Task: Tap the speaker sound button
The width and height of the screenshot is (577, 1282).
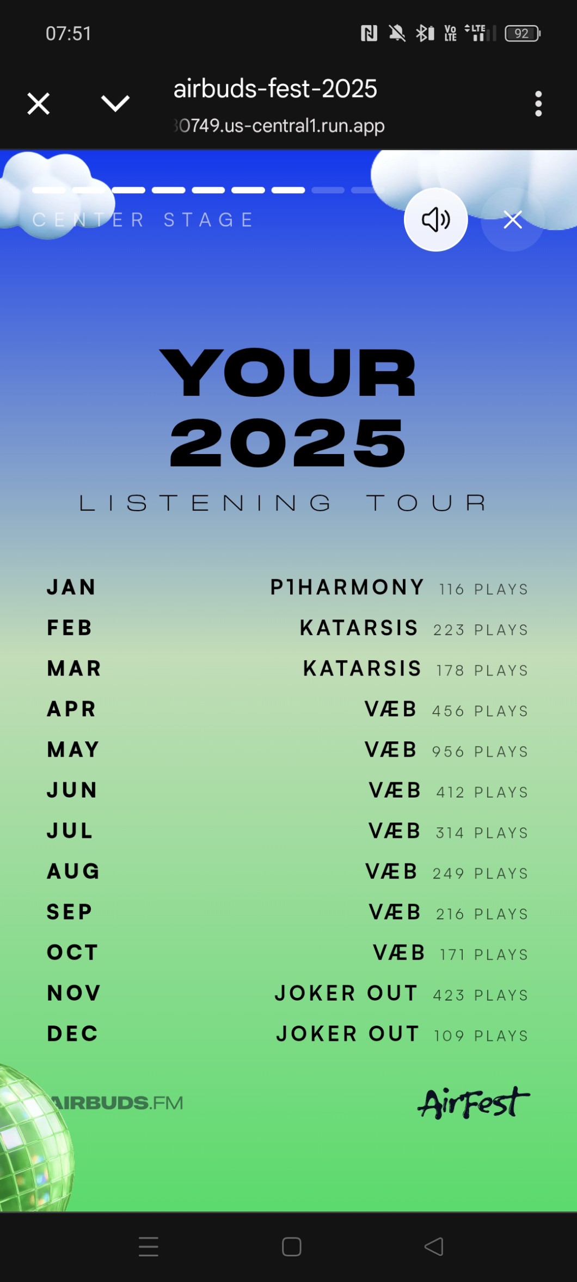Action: [435, 219]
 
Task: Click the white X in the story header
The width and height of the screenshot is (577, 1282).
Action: [513, 220]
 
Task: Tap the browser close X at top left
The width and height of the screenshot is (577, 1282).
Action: [39, 103]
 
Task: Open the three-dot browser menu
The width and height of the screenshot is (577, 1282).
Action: [538, 103]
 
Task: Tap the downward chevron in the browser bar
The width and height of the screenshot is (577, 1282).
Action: [115, 103]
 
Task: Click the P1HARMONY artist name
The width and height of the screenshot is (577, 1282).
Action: [347, 587]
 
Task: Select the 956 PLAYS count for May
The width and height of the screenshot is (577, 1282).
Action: [480, 752]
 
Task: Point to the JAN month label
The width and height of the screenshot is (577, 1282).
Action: [71, 587]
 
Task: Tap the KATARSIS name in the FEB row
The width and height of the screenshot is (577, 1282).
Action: [359, 628]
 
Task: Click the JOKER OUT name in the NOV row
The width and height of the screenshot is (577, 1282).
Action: [346, 993]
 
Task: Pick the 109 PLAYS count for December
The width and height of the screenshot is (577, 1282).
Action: [481, 1036]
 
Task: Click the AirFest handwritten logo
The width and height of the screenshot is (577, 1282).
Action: [474, 1102]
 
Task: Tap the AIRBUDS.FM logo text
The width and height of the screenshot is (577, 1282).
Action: [116, 1103]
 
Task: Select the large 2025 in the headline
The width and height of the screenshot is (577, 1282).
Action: [288, 443]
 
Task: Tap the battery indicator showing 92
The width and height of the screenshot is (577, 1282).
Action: [523, 34]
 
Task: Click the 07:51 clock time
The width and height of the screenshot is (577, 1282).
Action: [69, 33]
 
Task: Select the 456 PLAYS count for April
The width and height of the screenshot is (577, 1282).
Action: [480, 711]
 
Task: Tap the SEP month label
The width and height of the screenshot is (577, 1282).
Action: [70, 912]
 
